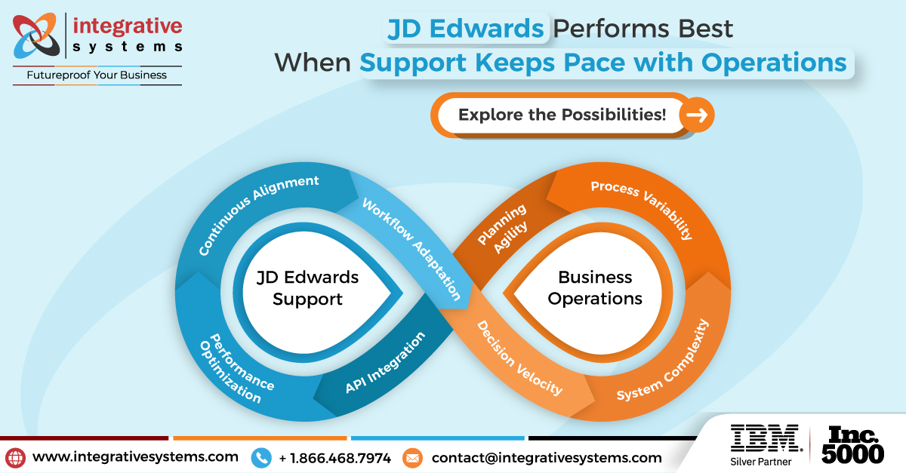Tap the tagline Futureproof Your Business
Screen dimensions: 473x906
[x=97, y=75]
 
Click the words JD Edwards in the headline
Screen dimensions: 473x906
[x=465, y=29]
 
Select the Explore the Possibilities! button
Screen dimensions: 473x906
[x=562, y=115]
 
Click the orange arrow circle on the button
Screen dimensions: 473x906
[x=696, y=115]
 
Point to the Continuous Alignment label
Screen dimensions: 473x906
[x=259, y=215]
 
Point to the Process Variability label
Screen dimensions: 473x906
[x=642, y=209]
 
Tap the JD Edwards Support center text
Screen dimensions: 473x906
[x=307, y=287]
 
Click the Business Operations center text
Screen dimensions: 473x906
[x=595, y=287]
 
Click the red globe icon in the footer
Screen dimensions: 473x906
[x=15, y=457]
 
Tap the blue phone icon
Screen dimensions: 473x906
[x=261, y=457]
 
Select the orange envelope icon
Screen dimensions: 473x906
[x=412, y=457]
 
